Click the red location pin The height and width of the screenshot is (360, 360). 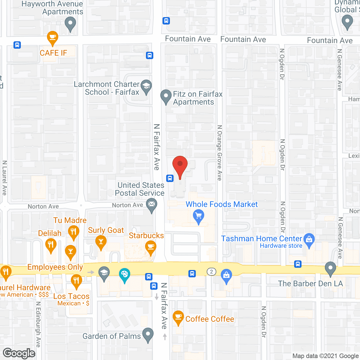(180, 166)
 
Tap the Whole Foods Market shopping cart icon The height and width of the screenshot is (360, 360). (199, 216)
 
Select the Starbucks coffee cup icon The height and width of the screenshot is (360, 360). (151, 247)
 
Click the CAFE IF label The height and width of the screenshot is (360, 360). (53, 53)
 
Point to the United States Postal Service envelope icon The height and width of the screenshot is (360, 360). (152, 204)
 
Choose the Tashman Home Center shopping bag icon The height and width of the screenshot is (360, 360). (309, 240)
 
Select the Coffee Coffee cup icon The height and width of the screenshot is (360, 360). (178, 317)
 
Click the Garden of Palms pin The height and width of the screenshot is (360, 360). (148, 334)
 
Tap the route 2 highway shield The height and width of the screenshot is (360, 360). (211, 272)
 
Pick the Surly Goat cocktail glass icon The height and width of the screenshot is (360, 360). (101, 242)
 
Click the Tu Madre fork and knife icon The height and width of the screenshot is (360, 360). (73, 232)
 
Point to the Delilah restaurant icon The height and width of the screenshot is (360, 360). (51, 245)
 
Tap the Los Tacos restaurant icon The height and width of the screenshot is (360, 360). (76, 281)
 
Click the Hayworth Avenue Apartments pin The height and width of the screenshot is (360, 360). (70, 23)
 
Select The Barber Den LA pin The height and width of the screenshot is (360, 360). (330, 268)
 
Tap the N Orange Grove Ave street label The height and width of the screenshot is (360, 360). (220, 153)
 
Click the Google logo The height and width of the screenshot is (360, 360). (19, 353)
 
